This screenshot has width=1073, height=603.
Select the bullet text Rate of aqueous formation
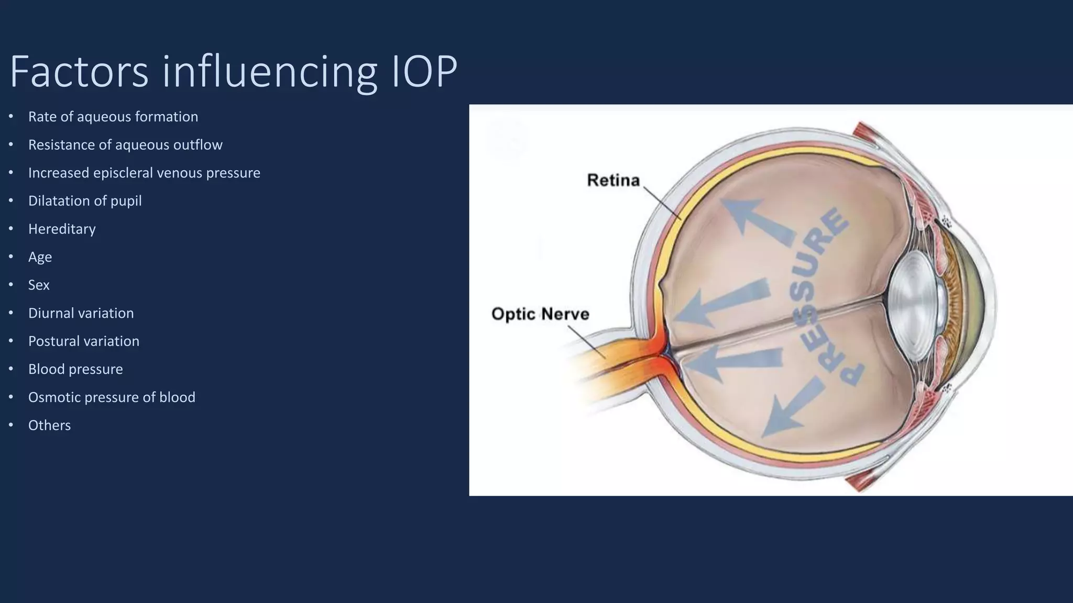pyautogui.click(x=113, y=117)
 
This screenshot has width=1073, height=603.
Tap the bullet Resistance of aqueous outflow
pyautogui.click(x=125, y=145)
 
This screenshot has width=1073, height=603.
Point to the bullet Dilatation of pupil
pyautogui.click(x=85, y=201)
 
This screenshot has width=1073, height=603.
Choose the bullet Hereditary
pyautogui.click(x=62, y=229)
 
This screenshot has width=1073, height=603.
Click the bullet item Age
pyautogui.click(x=40, y=257)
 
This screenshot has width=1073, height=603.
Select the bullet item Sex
pyautogui.click(x=39, y=285)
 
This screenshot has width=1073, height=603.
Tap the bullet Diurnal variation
pyautogui.click(x=81, y=313)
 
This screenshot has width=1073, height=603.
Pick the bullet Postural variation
pyautogui.click(x=84, y=341)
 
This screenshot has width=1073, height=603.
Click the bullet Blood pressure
pyautogui.click(x=75, y=369)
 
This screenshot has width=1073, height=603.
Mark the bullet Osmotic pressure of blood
pyautogui.click(x=112, y=397)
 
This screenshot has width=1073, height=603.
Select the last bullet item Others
pyautogui.click(x=49, y=426)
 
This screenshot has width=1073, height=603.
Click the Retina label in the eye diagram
pyautogui.click(x=613, y=181)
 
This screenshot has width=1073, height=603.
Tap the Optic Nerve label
pyautogui.click(x=540, y=314)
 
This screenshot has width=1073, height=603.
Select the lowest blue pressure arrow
pyautogui.click(x=791, y=408)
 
